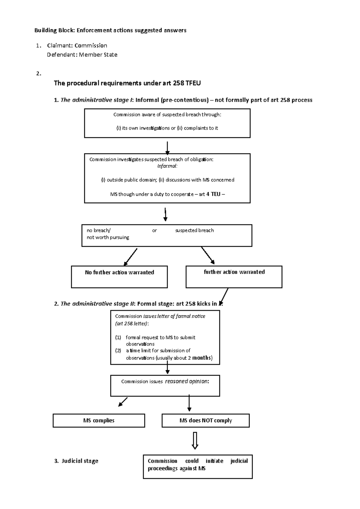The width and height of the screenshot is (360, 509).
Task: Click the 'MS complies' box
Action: pos(99,421)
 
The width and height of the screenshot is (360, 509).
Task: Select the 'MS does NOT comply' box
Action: pos(205,421)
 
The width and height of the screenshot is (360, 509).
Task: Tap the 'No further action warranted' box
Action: pos(119,277)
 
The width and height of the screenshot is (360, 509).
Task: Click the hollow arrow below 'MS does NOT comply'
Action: pos(195,440)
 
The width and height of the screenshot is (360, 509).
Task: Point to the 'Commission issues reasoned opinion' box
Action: pos(165,385)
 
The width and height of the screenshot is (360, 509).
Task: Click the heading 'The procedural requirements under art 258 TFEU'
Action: pos(127,83)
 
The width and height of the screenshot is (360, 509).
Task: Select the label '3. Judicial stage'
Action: pos(76,461)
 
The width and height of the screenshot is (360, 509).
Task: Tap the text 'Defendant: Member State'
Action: pos(82,55)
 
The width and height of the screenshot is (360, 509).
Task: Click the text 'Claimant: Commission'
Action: pos(77,46)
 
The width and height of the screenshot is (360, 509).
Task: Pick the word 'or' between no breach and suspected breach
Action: pos(154,231)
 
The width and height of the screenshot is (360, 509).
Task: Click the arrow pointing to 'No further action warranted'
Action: pos(130,257)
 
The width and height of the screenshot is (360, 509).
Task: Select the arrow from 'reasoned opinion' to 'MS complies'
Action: pos(123,402)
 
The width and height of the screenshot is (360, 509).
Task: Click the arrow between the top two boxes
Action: pos(167,148)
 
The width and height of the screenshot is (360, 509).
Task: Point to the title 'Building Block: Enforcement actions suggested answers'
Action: pos(110,30)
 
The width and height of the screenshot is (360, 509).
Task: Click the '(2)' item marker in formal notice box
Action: pos(118,350)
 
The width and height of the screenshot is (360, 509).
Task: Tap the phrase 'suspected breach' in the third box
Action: pos(194,231)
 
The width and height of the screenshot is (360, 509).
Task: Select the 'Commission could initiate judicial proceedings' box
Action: pos(198,466)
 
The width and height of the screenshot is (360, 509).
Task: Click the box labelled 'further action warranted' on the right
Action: pos(234,277)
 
